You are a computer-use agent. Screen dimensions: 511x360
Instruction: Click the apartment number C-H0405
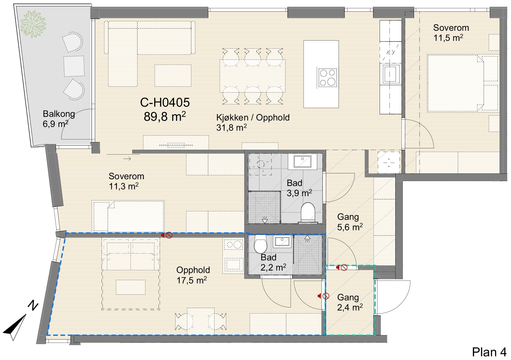(x=165, y=102)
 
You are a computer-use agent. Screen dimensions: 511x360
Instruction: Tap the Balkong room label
(x=59, y=114)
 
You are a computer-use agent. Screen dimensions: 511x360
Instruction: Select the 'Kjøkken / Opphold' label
(x=253, y=117)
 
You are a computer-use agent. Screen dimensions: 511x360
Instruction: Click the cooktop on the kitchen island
(x=328, y=78)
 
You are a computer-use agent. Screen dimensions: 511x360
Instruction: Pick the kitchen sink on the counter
(x=391, y=74)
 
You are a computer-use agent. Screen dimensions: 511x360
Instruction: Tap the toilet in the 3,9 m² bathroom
(x=308, y=213)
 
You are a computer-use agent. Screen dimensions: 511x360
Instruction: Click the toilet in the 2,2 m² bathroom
(x=260, y=243)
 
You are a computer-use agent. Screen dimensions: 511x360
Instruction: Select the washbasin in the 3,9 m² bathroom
(x=302, y=161)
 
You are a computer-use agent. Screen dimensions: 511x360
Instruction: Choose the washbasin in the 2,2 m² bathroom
(x=282, y=241)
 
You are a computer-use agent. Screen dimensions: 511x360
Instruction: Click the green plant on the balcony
(x=33, y=24)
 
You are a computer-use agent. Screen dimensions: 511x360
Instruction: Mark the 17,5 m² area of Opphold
(x=192, y=280)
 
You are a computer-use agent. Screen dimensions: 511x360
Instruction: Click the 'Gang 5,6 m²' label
(x=350, y=222)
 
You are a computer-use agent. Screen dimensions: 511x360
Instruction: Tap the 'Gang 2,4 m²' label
(x=350, y=302)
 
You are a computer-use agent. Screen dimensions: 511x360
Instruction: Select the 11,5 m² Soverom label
(x=451, y=33)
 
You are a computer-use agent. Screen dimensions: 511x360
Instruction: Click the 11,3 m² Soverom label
(x=126, y=181)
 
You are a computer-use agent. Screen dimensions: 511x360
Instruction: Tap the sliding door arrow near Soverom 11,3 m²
(x=127, y=159)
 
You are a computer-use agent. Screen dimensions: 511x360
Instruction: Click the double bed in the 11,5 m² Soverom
(x=455, y=83)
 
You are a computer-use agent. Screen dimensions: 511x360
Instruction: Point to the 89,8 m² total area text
(x=165, y=117)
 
